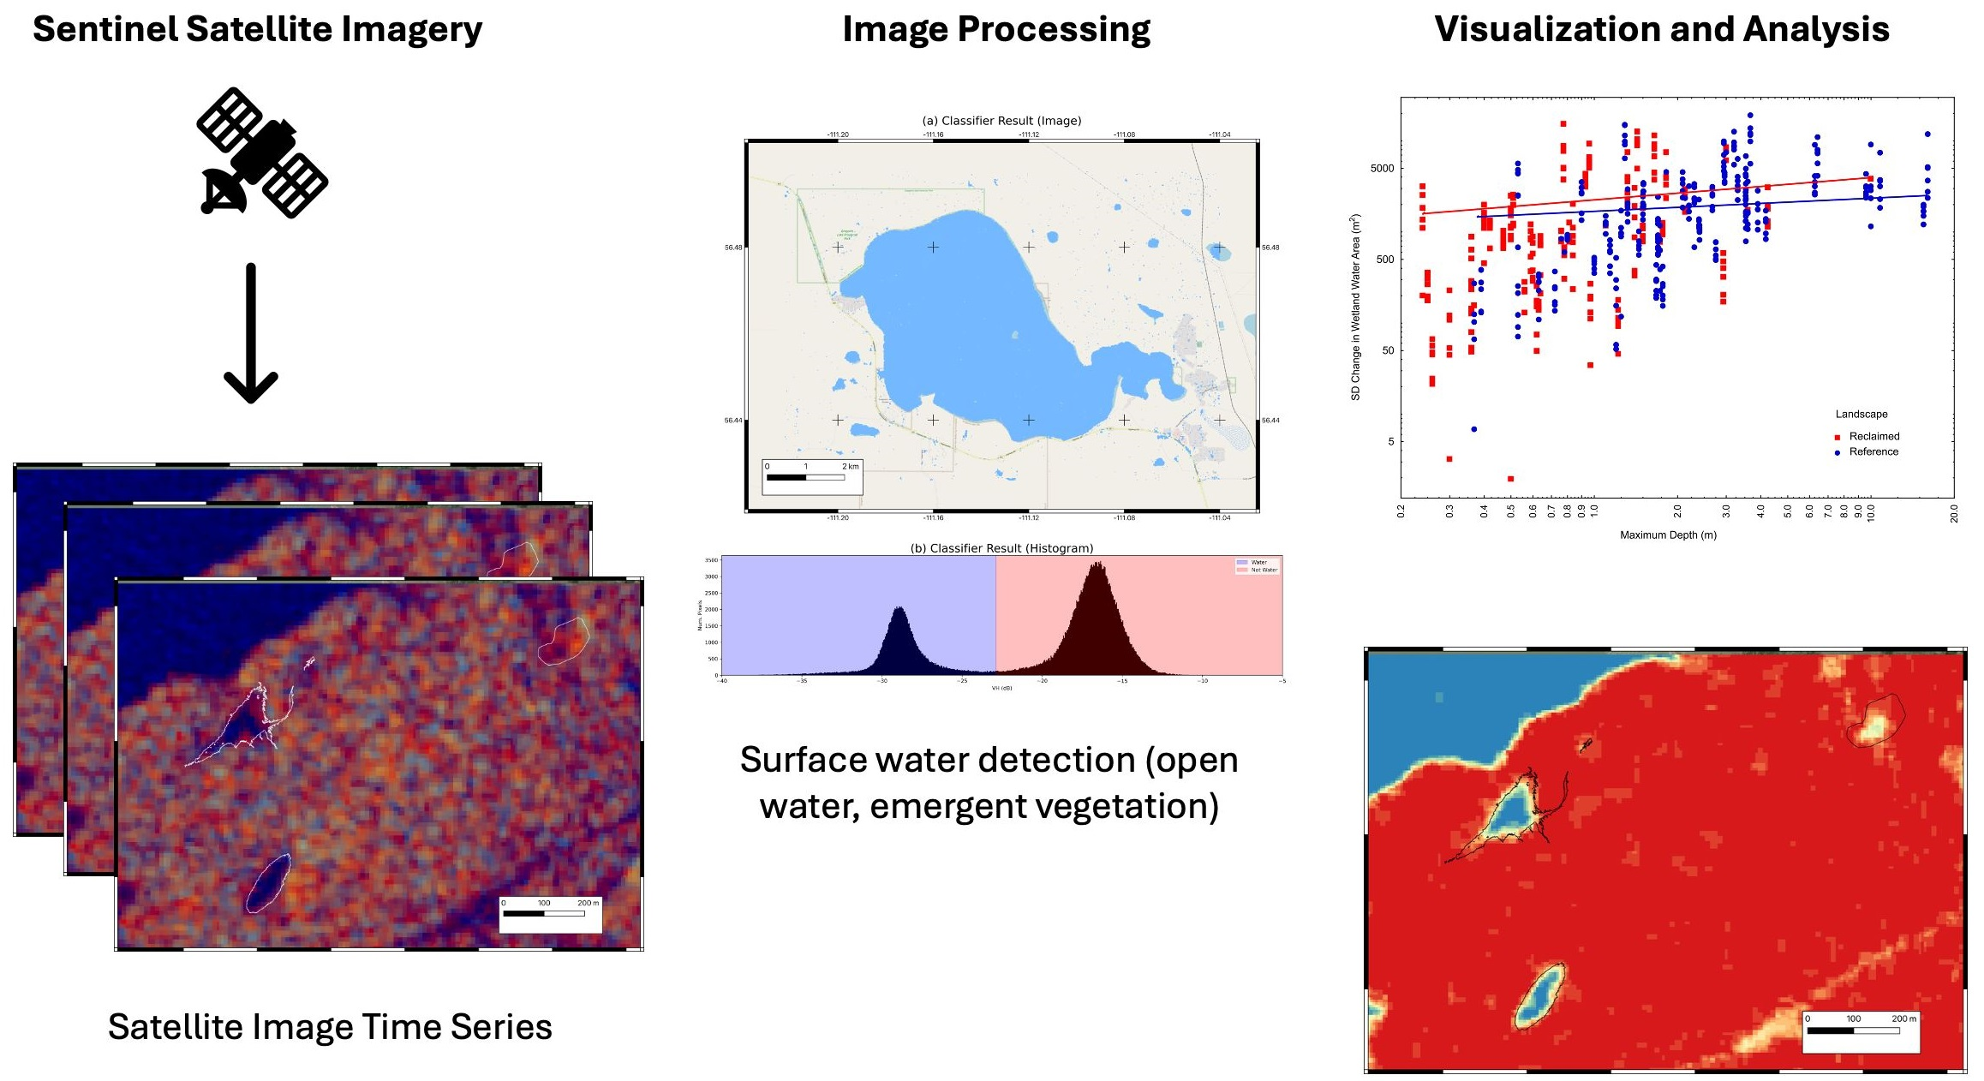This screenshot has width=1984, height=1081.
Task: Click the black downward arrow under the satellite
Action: pyautogui.click(x=251, y=333)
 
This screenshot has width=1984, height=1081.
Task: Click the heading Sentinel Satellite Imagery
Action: pyautogui.click(x=257, y=29)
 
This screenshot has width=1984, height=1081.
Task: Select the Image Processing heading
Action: pyautogui.click(x=996, y=29)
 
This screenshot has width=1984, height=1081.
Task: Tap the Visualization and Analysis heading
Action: pyautogui.click(x=1662, y=29)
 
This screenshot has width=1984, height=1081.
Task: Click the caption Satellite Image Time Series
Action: pyautogui.click(x=330, y=1026)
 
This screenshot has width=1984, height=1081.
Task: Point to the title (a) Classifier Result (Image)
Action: pyautogui.click(x=1001, y=121)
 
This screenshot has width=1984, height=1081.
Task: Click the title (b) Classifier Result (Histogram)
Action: pyautogui.click(x=1001, y=548)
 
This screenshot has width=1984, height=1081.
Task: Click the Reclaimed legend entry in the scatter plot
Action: pyautogui.click(x=1873, y=437)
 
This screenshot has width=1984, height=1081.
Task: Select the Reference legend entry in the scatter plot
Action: pyautogui.click(x=1873, y=452)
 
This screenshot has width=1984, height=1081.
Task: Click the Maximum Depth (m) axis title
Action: pyautogui.click(x=1668, y=535)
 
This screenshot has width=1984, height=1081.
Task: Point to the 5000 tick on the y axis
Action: pyautogui.click(x=1382, y=169)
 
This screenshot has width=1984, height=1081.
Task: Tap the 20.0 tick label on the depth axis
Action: pyautogui.click(x=1953, y=513)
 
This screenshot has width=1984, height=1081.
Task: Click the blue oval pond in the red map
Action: pyautogui.click(x=1539, y=995)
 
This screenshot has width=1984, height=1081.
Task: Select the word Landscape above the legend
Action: pyautogui.click(x=1861, y=415)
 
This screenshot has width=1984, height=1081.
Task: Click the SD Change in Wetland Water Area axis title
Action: pyautogui.click(x=1355, y=307)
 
